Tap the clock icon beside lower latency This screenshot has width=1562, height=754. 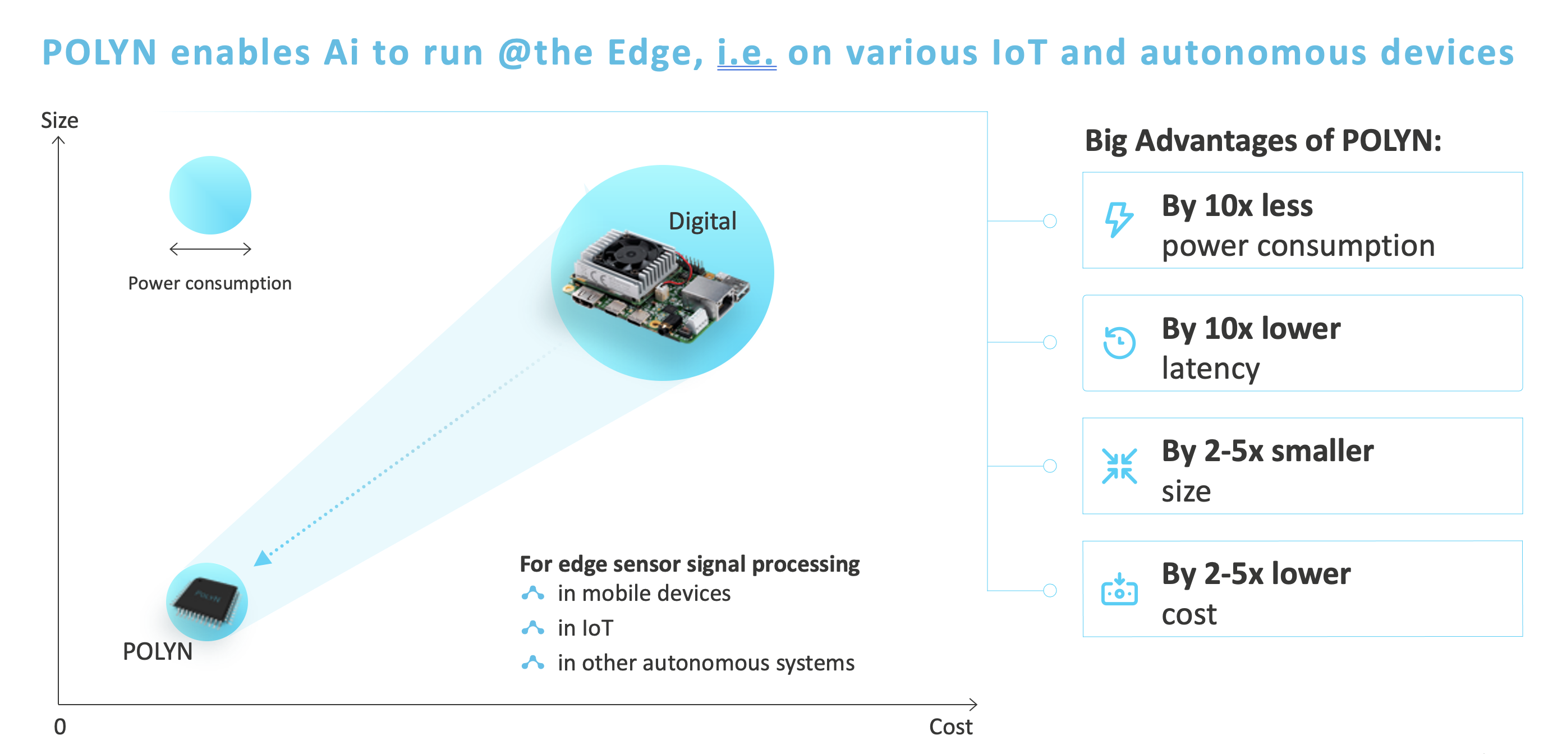pyautogui.click(x=1119, y=342)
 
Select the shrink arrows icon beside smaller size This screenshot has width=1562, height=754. pyautogui.click(x=1119, y=466)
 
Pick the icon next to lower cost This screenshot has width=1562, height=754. pyautogui.click(x=1119, y=589)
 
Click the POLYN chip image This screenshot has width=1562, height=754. pyautogui.click(x=206, y=601)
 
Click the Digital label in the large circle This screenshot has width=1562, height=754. pyautogui.click(x=702, y=221)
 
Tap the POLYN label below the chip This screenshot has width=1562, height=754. pyautogui.click(x=158, y=651)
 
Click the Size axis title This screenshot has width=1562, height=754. pyautogui.click(x=59, y=121)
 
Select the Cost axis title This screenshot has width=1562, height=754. pyautogui.click(x=950, y=727)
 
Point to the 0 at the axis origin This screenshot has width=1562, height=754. pyautogui.click(x=60, y=727)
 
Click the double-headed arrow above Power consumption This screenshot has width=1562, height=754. pyautogui.click(x=210, y=249)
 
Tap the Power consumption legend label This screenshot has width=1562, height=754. pyautogui.click(x=210, y=283)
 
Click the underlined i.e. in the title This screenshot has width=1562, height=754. pyautogui.click(x=746, y=53)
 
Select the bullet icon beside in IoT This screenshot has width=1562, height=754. pyautogui.click(x=532, y=628)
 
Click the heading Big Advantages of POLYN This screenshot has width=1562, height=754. pyautogui.click(x=1262, y=141)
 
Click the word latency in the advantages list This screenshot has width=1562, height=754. pyautogui.click(x=1210, y=369)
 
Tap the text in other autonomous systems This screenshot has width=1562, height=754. pyautogui.click(x=706, y=663)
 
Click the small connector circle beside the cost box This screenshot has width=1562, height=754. pyautogui.click(x=1050, y=590)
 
